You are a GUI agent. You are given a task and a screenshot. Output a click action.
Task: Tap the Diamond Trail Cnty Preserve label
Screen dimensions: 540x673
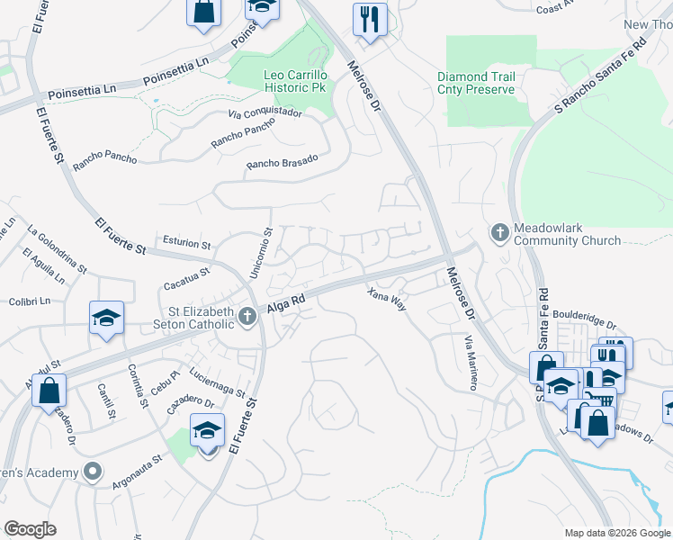(476, 83)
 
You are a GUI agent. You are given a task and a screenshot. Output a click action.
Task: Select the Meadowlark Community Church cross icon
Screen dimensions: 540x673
(500, 233)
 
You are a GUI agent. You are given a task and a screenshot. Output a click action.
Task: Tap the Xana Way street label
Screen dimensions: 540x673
(387, 299)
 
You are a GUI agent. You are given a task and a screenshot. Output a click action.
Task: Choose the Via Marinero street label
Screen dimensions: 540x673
(470, 363)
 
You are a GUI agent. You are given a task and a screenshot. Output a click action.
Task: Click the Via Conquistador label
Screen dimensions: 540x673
(265, 114)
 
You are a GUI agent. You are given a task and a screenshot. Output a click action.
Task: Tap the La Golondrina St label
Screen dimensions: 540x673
(57, 248)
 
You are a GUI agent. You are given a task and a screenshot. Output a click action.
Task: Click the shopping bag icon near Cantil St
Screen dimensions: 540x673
(49, 391)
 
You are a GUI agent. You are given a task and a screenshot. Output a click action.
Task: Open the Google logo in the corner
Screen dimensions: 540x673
(30, 528)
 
